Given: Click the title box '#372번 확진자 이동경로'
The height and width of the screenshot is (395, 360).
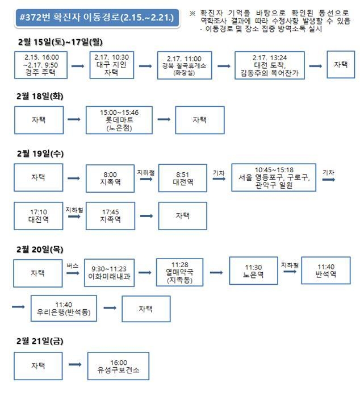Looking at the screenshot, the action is [97, 18].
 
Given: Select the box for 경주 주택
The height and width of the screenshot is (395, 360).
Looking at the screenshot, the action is [41, 65].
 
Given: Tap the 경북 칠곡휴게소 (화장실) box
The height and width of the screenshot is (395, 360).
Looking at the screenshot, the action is [185, 65].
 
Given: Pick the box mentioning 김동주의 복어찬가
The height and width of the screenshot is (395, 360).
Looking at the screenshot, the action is [270, 65].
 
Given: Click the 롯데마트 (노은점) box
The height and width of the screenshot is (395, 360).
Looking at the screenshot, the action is [119, 120].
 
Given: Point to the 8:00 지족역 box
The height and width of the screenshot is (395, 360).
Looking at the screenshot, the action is [110, 178].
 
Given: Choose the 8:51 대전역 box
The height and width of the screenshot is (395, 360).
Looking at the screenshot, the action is [183, 178].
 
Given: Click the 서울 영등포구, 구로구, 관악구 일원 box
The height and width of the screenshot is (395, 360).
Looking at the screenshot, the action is [274, 177].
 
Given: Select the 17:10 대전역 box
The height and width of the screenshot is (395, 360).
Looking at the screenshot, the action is [39, 215].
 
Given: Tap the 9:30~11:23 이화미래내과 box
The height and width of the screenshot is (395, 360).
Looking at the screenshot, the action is [109, 273].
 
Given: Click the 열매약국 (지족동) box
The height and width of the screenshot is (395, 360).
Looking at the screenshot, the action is [180, 272].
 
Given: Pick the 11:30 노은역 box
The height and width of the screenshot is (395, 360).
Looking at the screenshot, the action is [253, 271].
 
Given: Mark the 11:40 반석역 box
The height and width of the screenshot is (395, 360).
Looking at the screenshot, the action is [326, 271].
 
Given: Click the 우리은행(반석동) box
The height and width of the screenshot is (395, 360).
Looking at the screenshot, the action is [64, 309].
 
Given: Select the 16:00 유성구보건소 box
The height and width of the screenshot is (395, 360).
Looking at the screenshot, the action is [118, 366].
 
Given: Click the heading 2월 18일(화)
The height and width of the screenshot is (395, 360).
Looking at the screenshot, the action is [40, 96].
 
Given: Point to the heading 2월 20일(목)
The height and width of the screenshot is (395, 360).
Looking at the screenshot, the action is [40, 250].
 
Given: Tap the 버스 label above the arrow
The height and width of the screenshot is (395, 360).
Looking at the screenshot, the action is [73, 265].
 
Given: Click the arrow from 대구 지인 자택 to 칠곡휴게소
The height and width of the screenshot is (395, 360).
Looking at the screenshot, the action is [145, 66].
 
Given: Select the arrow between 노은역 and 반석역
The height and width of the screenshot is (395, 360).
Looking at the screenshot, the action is [290, 271].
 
